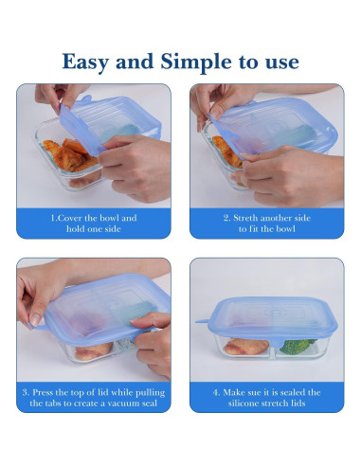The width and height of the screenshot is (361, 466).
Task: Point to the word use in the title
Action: coord(280,63)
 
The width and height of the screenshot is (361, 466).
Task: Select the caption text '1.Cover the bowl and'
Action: coord(94,218)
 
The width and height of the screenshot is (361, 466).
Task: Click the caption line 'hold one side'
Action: coord(94,229)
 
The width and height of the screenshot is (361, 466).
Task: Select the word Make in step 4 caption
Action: coord(234,391)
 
